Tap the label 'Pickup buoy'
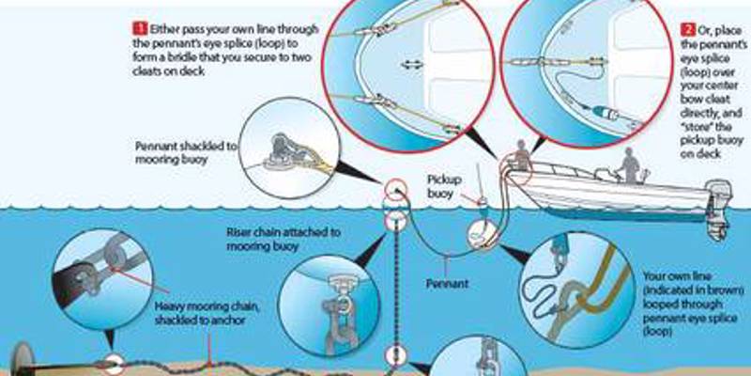click(x=445, y=184)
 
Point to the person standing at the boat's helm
click(x=628, y=166)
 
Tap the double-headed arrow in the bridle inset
click(x=410, y=64)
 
